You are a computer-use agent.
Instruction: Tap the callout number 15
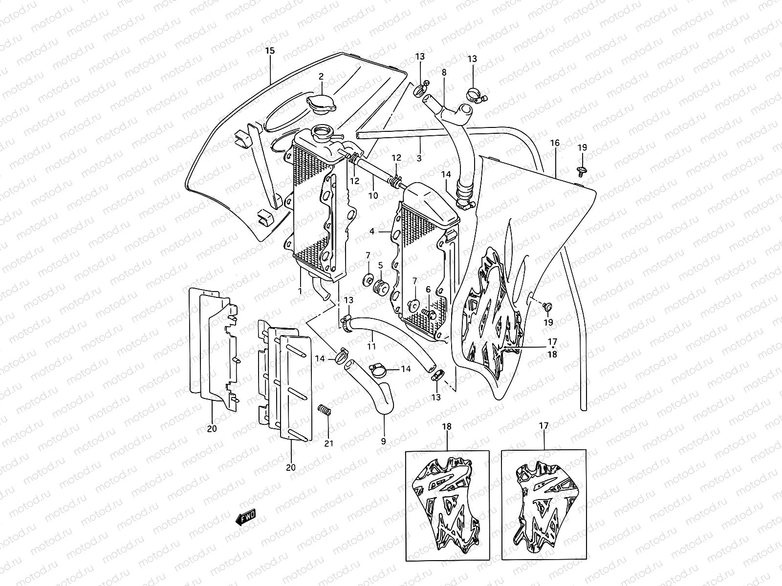tap(270, 51)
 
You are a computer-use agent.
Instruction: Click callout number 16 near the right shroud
tap(555, 143)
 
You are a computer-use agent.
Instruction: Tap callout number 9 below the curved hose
tap(383, 441)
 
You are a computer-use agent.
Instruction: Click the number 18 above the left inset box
tap(447, 426)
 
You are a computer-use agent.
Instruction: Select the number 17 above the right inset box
tap(544, 426)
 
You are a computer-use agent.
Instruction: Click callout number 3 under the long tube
tap(419, 158)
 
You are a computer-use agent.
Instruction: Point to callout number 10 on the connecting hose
tap(373, 195)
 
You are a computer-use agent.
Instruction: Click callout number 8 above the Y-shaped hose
tap(444, 72)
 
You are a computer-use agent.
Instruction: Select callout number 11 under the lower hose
tap(371, 346)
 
